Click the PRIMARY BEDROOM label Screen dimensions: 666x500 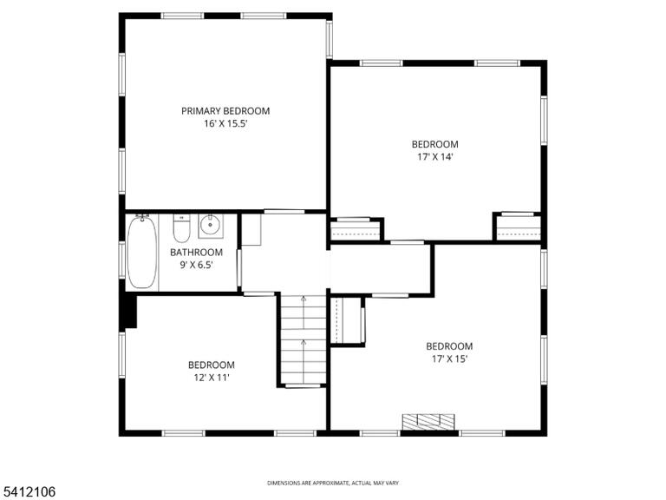tap(225, 111)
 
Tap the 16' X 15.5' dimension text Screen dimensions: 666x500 tap(225, 124)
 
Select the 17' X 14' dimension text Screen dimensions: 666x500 tap(435, 156)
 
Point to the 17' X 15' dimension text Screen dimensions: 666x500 tap(449, 359)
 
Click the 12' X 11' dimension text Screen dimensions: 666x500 tap(212, 377)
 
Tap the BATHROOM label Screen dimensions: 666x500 tap(196, 252)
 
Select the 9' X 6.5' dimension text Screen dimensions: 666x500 tap(196, 265)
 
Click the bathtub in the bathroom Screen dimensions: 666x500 tap(142, 253)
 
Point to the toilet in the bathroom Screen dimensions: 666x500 tap(181, 228)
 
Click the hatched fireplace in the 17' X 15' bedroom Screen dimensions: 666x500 tap(428, 421)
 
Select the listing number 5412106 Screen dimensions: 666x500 tap(28, 492)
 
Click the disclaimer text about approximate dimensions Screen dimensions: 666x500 tap(333, 483)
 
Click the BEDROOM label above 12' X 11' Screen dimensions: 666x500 tap(212, 365)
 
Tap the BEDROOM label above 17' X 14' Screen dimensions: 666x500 tap(435, 144)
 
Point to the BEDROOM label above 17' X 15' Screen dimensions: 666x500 tap(449, 346)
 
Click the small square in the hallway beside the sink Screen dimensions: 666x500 tap(251, 229)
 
